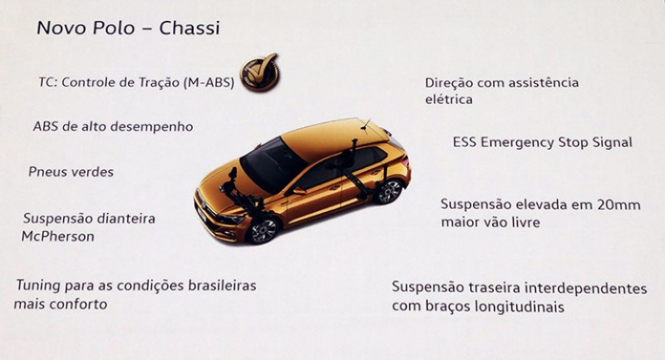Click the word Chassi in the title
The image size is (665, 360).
pyautogui.click(x=190, y=28)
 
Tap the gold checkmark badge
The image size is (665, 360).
pyautogui.click(x=260, y=72)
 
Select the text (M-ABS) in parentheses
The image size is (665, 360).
pyautogui.click(x=209, y=82)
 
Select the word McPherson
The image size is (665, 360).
pyautogui.click(x=58, y=236)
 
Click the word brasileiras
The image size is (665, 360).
pyautogui.click(x=222, y=285)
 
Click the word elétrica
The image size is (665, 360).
pyautogui.click(x=449, y=99)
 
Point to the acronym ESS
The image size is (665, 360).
pyautogui.click(x=465, y=142)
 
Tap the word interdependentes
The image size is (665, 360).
pyautogui.click(x=586, y=289)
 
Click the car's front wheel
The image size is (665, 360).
pyautogui.click(x=263, y=230)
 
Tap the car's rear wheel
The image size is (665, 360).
pyautogui.click(x=389, y=191)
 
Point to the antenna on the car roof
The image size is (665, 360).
pyautogui.click(x=365, y=124)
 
